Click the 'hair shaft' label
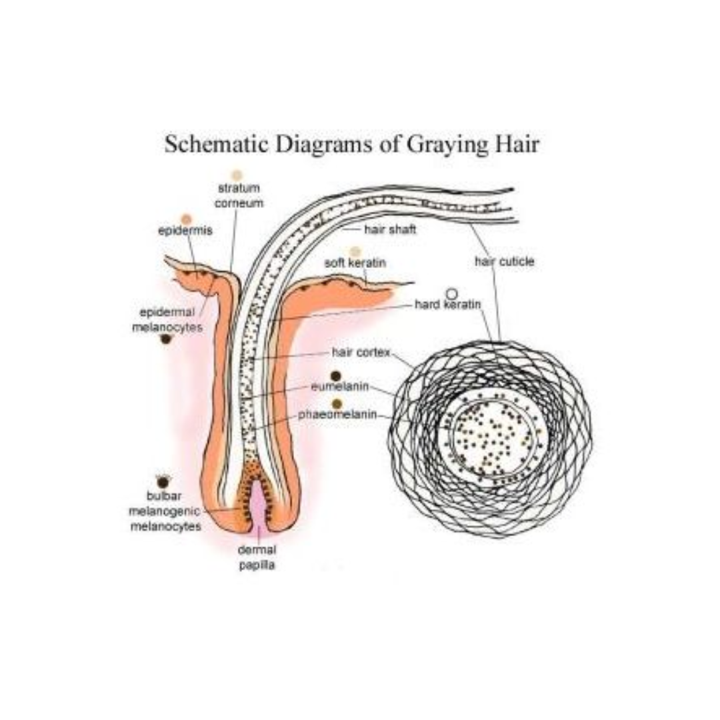click(x=390, y=229)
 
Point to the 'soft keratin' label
click(x=355, y=263)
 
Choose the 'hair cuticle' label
click(x=504, y=262)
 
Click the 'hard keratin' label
click(x=447, y=305)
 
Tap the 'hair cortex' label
click(x=361, y=352)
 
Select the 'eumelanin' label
click(x=340, y=386)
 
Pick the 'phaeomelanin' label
click(x=337, y=415)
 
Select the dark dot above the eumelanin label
click(x=336, y=376)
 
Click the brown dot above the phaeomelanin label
click(x=337, y=404)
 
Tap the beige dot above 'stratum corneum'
click(x=236, y=175)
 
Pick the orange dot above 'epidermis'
click(x=187, y=219)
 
